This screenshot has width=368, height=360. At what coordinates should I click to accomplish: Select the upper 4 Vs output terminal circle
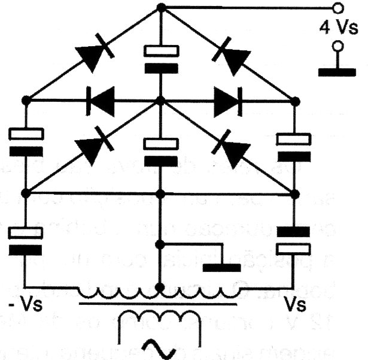click(338, 8)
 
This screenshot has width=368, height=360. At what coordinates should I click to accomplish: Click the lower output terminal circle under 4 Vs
click(338, 46)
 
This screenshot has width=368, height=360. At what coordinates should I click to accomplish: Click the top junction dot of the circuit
click(160, 7)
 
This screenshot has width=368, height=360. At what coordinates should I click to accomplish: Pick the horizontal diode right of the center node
click(226, 100)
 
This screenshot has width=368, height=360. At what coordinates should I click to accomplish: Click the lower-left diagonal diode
click(92, 149)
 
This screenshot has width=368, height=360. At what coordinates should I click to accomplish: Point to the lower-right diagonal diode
click(231, 149)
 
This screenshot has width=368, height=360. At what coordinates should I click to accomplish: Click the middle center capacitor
click(160, 153)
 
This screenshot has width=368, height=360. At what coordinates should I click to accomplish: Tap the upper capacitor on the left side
click(25, 143)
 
